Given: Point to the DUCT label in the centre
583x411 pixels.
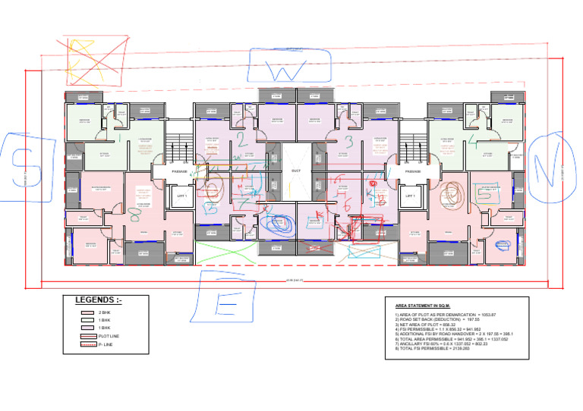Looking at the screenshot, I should point(296,171).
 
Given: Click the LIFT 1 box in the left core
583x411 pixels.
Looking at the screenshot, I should point(181,196).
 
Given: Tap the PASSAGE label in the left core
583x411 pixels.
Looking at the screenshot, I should point(181,171).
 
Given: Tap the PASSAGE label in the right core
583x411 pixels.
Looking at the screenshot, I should point(413,171).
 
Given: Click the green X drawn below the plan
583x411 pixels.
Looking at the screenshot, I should point(226,249).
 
